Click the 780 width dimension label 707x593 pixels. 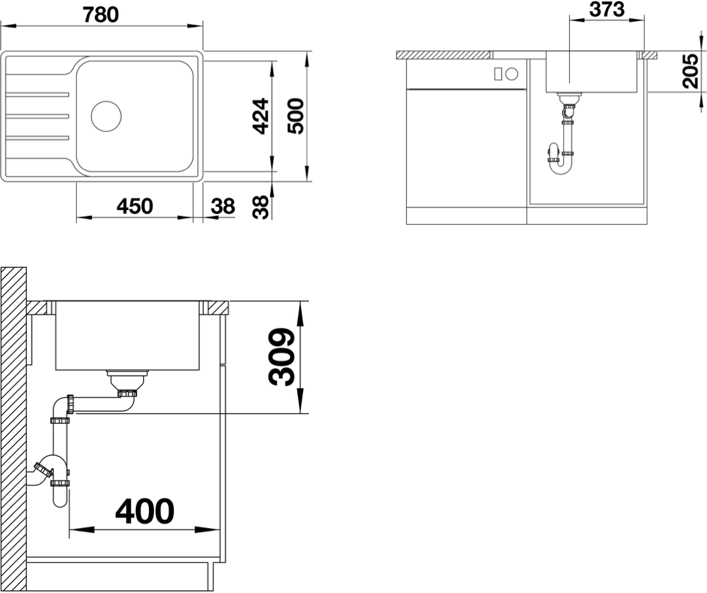[100, 15]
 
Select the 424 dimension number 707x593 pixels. [260, 116]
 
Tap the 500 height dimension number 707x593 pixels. [295, 116]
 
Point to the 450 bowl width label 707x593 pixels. [135, 206]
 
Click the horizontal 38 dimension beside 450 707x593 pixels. [223, 206]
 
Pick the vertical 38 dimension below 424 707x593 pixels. [260, 208]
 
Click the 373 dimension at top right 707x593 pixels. [607, 9]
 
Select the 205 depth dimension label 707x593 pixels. [690, 71]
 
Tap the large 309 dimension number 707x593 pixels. [282, 357]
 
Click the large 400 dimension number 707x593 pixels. [145, 512]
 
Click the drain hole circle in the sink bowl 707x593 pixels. [106, 116]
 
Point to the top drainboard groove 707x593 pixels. [38, 95]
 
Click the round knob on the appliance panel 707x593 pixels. [512, 74]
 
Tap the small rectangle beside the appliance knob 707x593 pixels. [498, 74]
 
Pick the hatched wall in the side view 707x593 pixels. [14, 429]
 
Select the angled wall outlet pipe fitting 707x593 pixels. [43, 470]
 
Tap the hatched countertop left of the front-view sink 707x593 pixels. [443, 55]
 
